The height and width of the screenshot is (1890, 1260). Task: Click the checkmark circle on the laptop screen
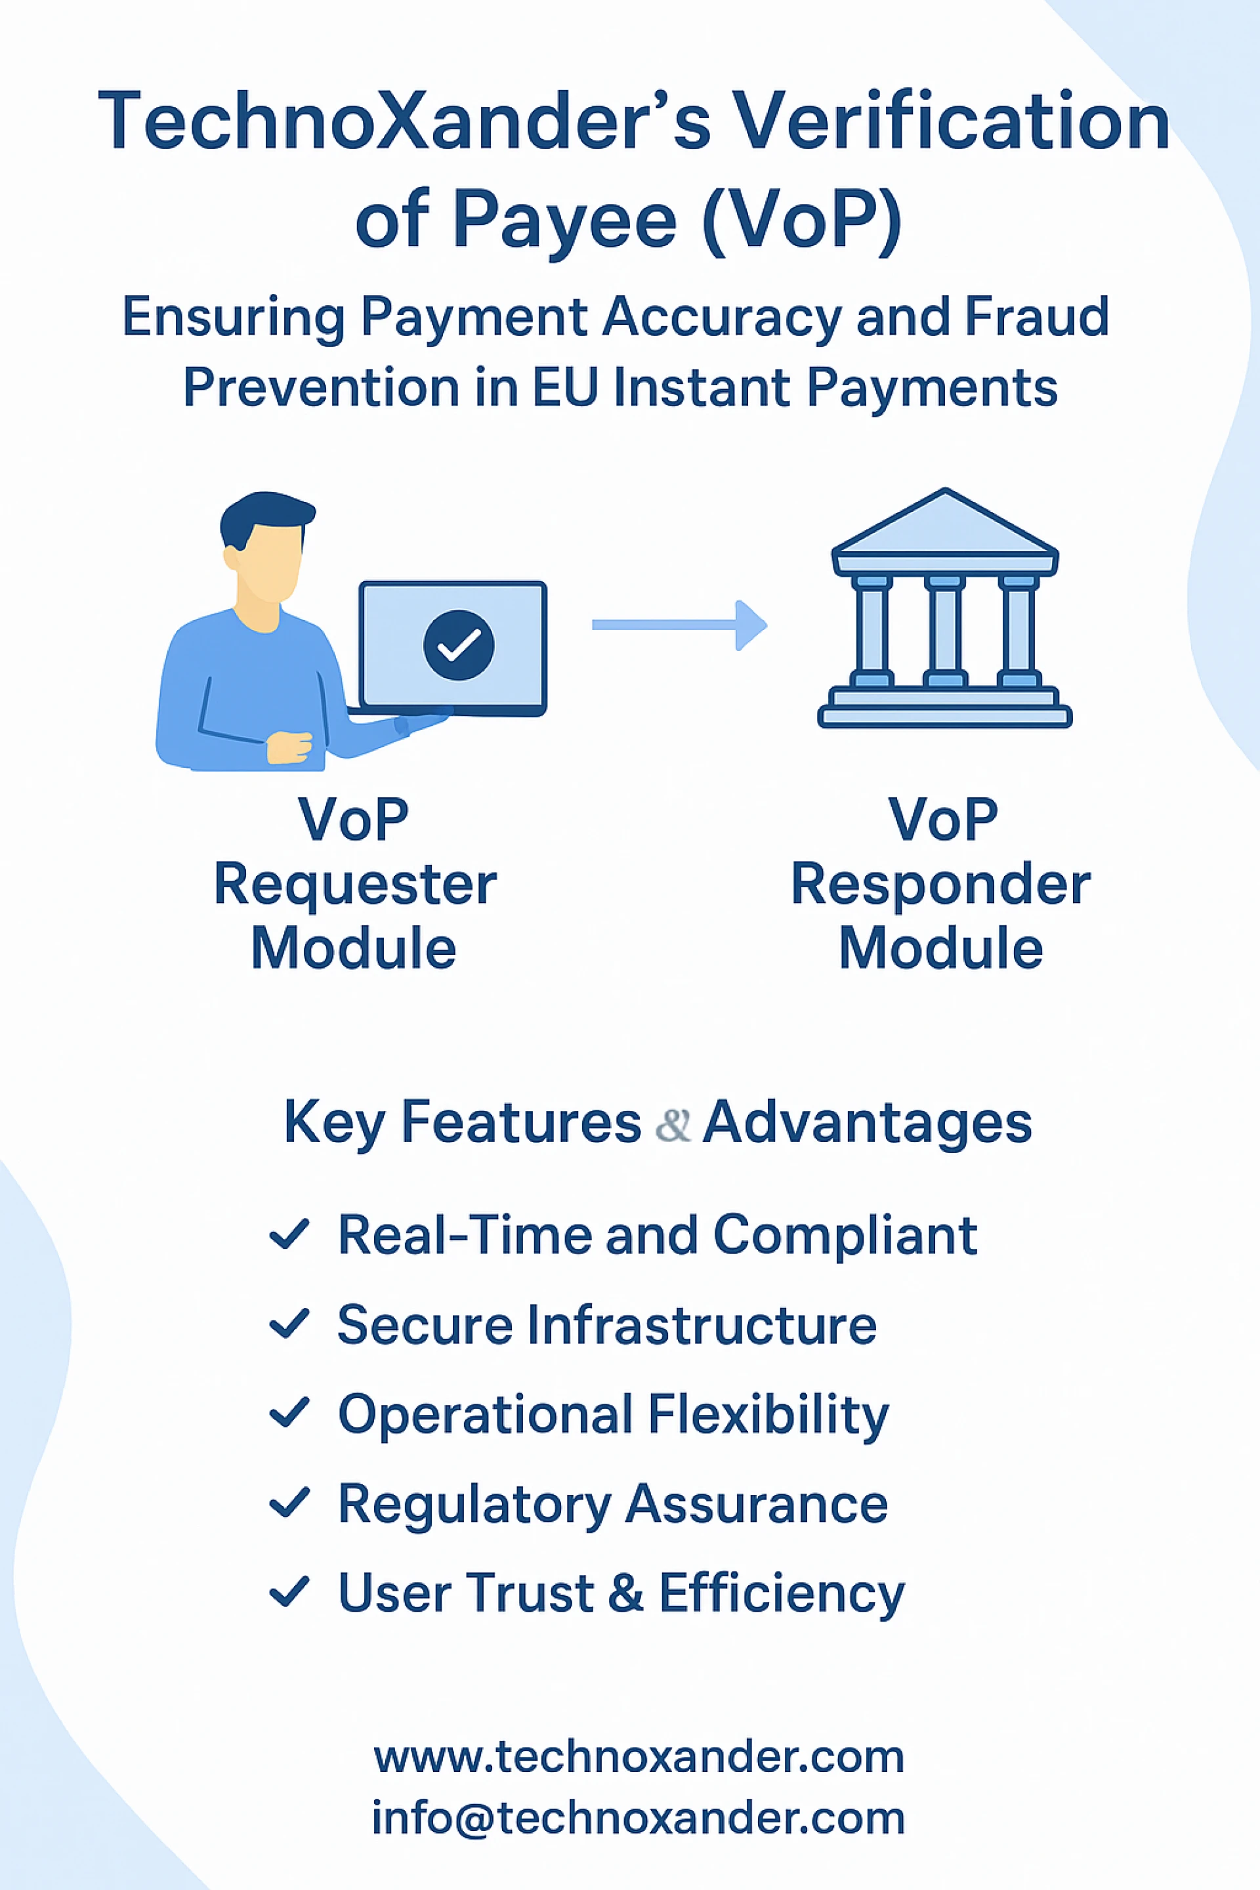tap(458, 644)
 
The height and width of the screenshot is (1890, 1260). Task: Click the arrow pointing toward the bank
tap(679, 624)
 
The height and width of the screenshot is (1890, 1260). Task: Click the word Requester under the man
tap(354, 885)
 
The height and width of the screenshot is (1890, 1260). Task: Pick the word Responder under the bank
tap(941, 885)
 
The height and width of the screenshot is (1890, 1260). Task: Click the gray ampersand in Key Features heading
tap(673, 1124)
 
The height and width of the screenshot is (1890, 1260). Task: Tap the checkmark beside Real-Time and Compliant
tap(289, 1235)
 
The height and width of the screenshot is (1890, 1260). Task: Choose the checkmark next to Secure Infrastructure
tap(289, 1324)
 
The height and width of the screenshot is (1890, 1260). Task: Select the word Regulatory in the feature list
tap(474, 1504)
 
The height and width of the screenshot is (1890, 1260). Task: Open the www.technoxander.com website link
tap(639, 1757)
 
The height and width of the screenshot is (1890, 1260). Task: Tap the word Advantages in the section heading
tap(866, 1123)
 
